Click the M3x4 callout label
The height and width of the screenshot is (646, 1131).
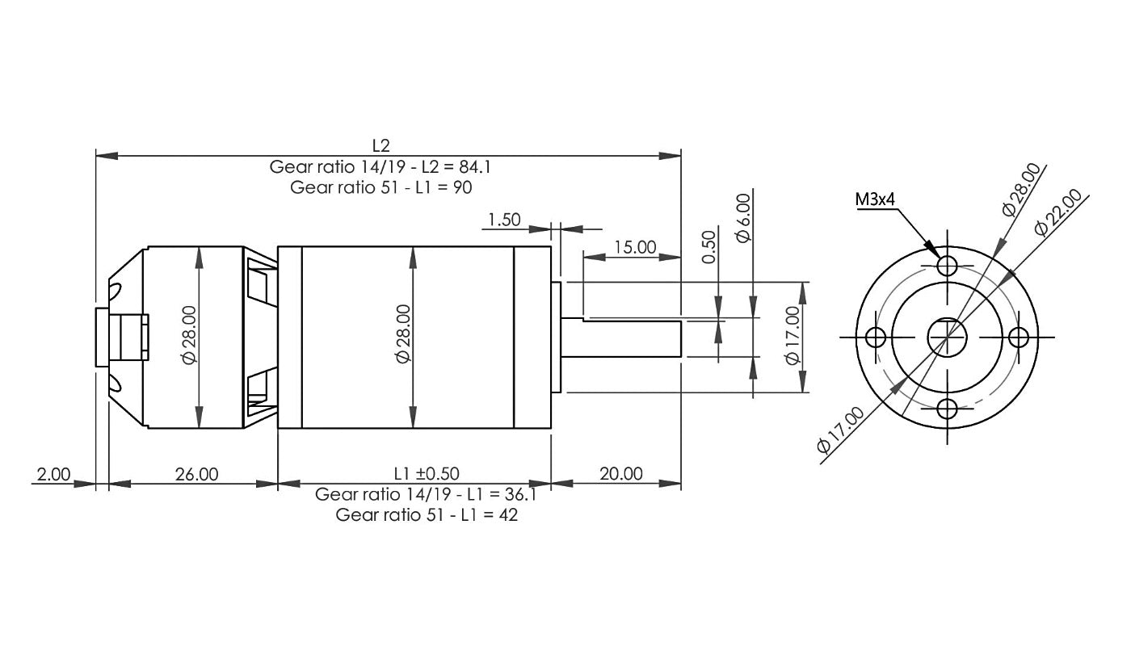click(x=874, y=200)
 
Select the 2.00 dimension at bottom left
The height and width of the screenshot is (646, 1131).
click(x=53, y=475)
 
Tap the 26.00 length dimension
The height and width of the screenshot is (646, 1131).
click(x=196, y=475)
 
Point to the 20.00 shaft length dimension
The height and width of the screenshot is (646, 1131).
click(x=621, y=473)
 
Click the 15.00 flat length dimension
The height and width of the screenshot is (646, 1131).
click(x=635, y=247)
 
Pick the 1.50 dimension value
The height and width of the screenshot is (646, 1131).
click(x=504, y=220)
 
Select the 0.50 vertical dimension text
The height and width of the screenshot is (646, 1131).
click(x=709, y=247)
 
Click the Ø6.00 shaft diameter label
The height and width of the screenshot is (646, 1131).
click(x=743, y=218)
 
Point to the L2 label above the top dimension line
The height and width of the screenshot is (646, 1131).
click(x=381, y=146)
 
